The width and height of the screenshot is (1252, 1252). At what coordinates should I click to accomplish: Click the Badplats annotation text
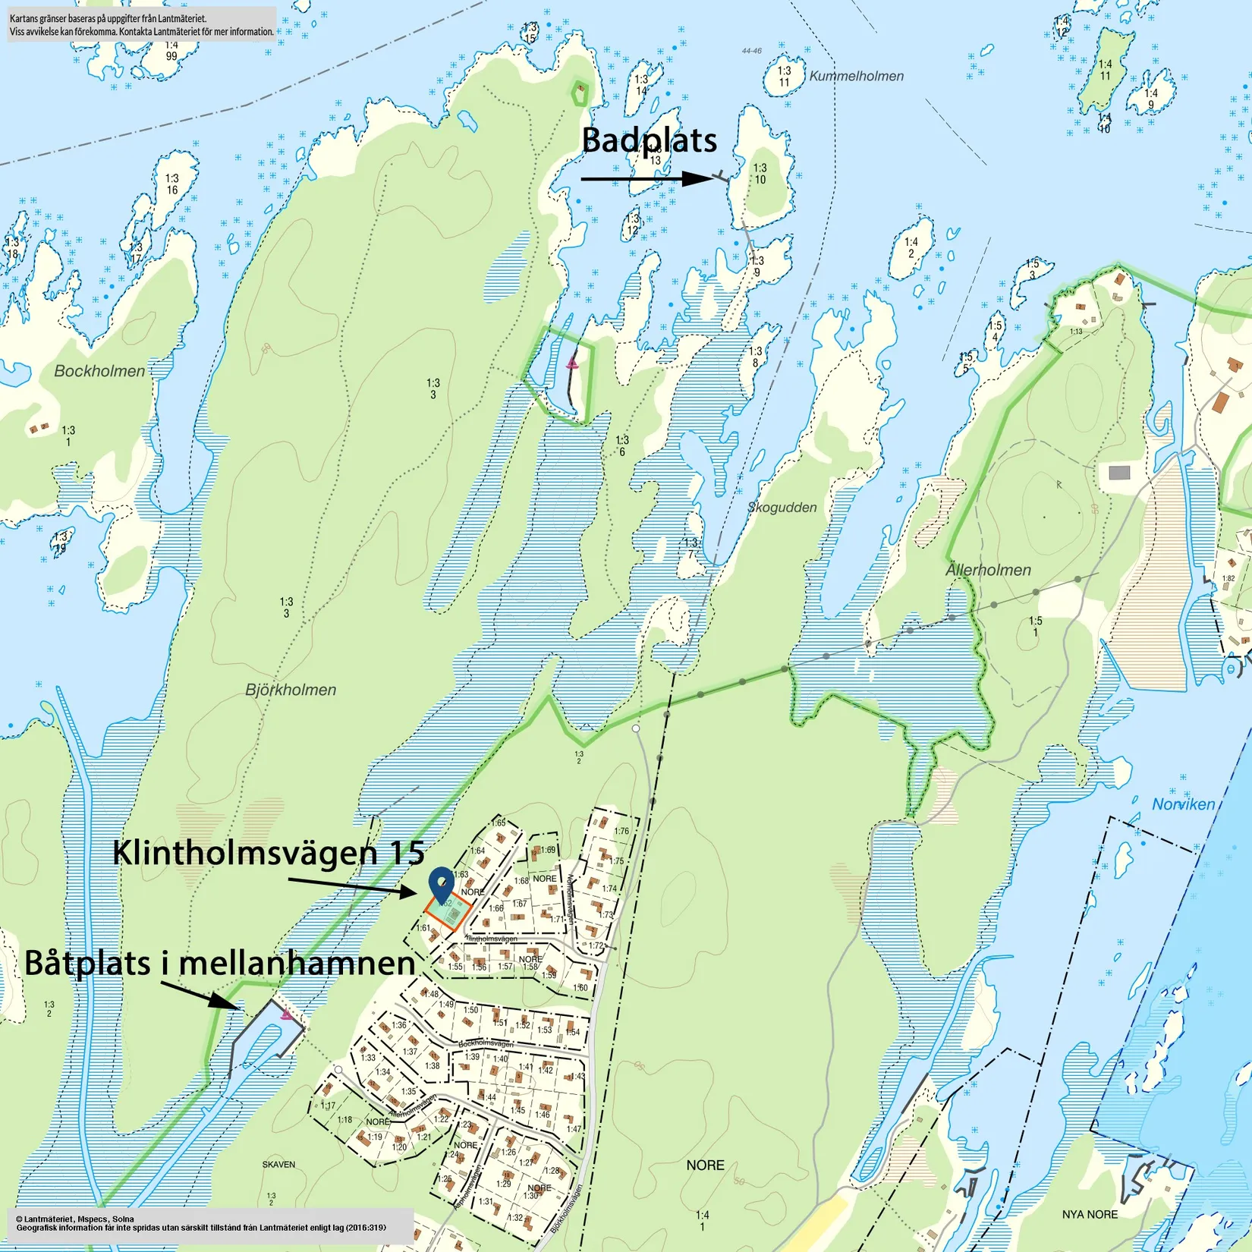[649, 141]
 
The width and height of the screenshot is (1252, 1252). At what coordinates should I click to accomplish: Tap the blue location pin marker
[441, 884]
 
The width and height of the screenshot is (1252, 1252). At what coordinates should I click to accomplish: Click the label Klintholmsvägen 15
[268, 853]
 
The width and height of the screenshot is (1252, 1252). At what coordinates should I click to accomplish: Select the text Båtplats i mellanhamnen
[219, 964]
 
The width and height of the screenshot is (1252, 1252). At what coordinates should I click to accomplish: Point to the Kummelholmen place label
[856, 76]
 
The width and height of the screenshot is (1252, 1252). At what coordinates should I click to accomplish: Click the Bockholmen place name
[99, 371]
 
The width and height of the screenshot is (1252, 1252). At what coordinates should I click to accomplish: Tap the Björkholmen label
[291, 690]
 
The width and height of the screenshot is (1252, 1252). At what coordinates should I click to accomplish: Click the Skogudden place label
[782, 508]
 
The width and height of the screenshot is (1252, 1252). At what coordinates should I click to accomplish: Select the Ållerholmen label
[988, 570]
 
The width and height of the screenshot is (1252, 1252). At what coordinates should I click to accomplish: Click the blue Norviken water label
[1183, 804]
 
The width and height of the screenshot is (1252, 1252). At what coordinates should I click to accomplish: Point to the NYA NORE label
[1090, 1214]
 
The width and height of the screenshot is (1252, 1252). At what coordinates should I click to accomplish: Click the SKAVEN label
[278, 1164]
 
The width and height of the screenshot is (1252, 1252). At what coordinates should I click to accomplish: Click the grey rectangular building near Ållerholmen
[1119, 473]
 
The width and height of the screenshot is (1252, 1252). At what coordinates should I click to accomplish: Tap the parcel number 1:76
[621, 831]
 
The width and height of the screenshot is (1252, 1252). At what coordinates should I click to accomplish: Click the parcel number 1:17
[327, 1106]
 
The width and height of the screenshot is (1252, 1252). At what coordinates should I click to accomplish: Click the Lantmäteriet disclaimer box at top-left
[142, 24]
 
